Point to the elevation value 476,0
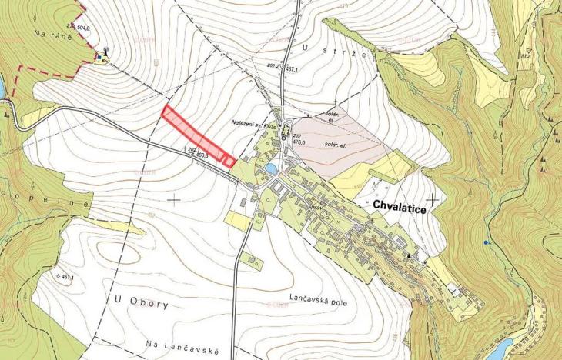(298, 142)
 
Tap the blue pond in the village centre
(270, 168)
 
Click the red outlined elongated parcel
(198, 136)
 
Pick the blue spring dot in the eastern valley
(485, 242)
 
